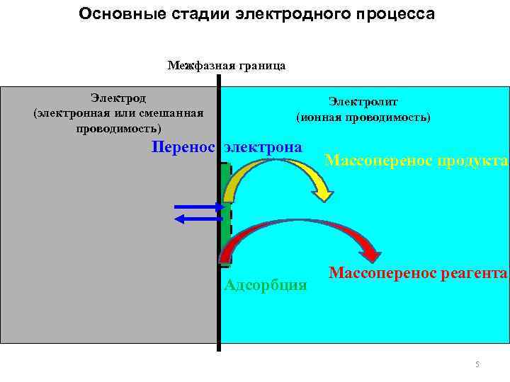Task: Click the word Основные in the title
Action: (x=113, y=13)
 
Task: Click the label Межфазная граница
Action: (x=227, y=66)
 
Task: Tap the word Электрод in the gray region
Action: (x=118, y=98)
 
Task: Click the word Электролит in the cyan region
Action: (x=363, y=103)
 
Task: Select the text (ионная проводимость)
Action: (x=363, y=117)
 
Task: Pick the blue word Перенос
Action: (x=183, y=147)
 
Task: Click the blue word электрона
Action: (x=263, y=147)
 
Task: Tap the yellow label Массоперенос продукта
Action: (x=416, y=161)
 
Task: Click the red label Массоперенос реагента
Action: (x=418, y=272)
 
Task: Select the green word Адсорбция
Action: (x=265, y=285)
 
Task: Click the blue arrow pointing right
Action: (x=198, y=207)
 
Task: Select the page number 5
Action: (x=477, y=364)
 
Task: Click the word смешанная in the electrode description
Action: (x=174, y=113)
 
